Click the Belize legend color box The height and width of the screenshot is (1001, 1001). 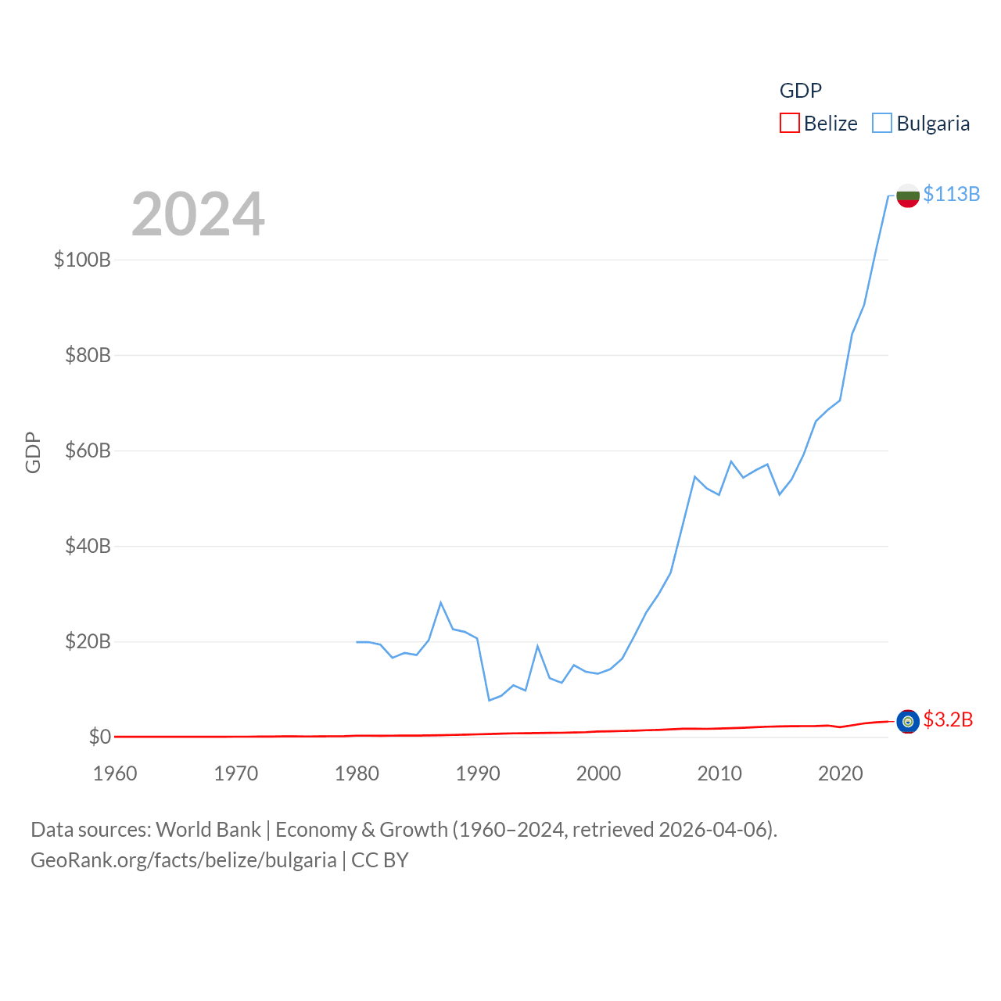click(x=790, y=124)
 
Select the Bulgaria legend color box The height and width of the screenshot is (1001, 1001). click(x=882, y=124)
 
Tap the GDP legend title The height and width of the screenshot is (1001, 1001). click(x=801, y=91)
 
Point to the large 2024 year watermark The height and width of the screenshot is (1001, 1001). click(x=198, y=214)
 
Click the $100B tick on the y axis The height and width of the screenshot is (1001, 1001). click(x=82, y=260)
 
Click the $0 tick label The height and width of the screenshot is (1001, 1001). click(x=99, y=737)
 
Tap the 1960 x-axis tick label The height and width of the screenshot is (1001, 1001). click(x=115, y=773)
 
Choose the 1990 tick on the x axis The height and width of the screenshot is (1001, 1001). click(x=478, y=773)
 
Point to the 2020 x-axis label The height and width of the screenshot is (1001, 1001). click(x=841, y=773)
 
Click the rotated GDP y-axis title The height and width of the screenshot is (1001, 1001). click(x=33, y=452)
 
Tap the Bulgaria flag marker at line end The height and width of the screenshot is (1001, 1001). click(x=908, y=196)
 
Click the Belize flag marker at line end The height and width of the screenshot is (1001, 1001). click(x=908, y=721)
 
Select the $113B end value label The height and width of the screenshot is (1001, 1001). click(x=952, y=194)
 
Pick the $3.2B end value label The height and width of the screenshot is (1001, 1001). click(x=948, y=719)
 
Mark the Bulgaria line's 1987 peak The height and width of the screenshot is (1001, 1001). click(x=441, y=602)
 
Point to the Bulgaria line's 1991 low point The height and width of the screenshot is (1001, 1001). click(x=490, y=700)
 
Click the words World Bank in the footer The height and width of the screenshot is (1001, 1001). click(x=208, y=830)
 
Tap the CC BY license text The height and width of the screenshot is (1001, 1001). click(x=380, y=860)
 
